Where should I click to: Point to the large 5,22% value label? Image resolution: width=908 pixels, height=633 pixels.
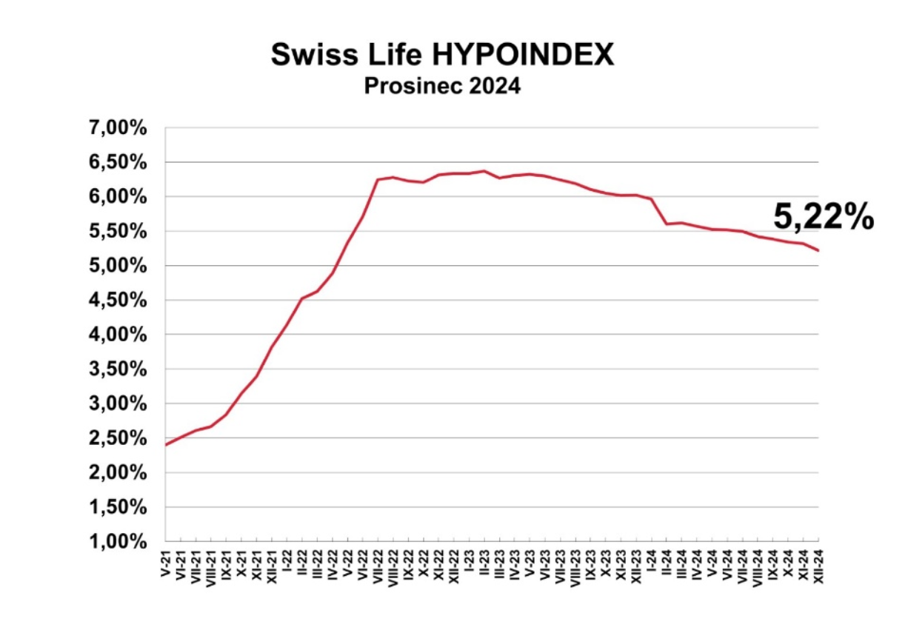coord(824,218)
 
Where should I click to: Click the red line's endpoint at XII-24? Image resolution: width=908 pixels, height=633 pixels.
coord(818,250)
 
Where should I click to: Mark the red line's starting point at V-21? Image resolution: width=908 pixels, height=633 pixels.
coord(166,445)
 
